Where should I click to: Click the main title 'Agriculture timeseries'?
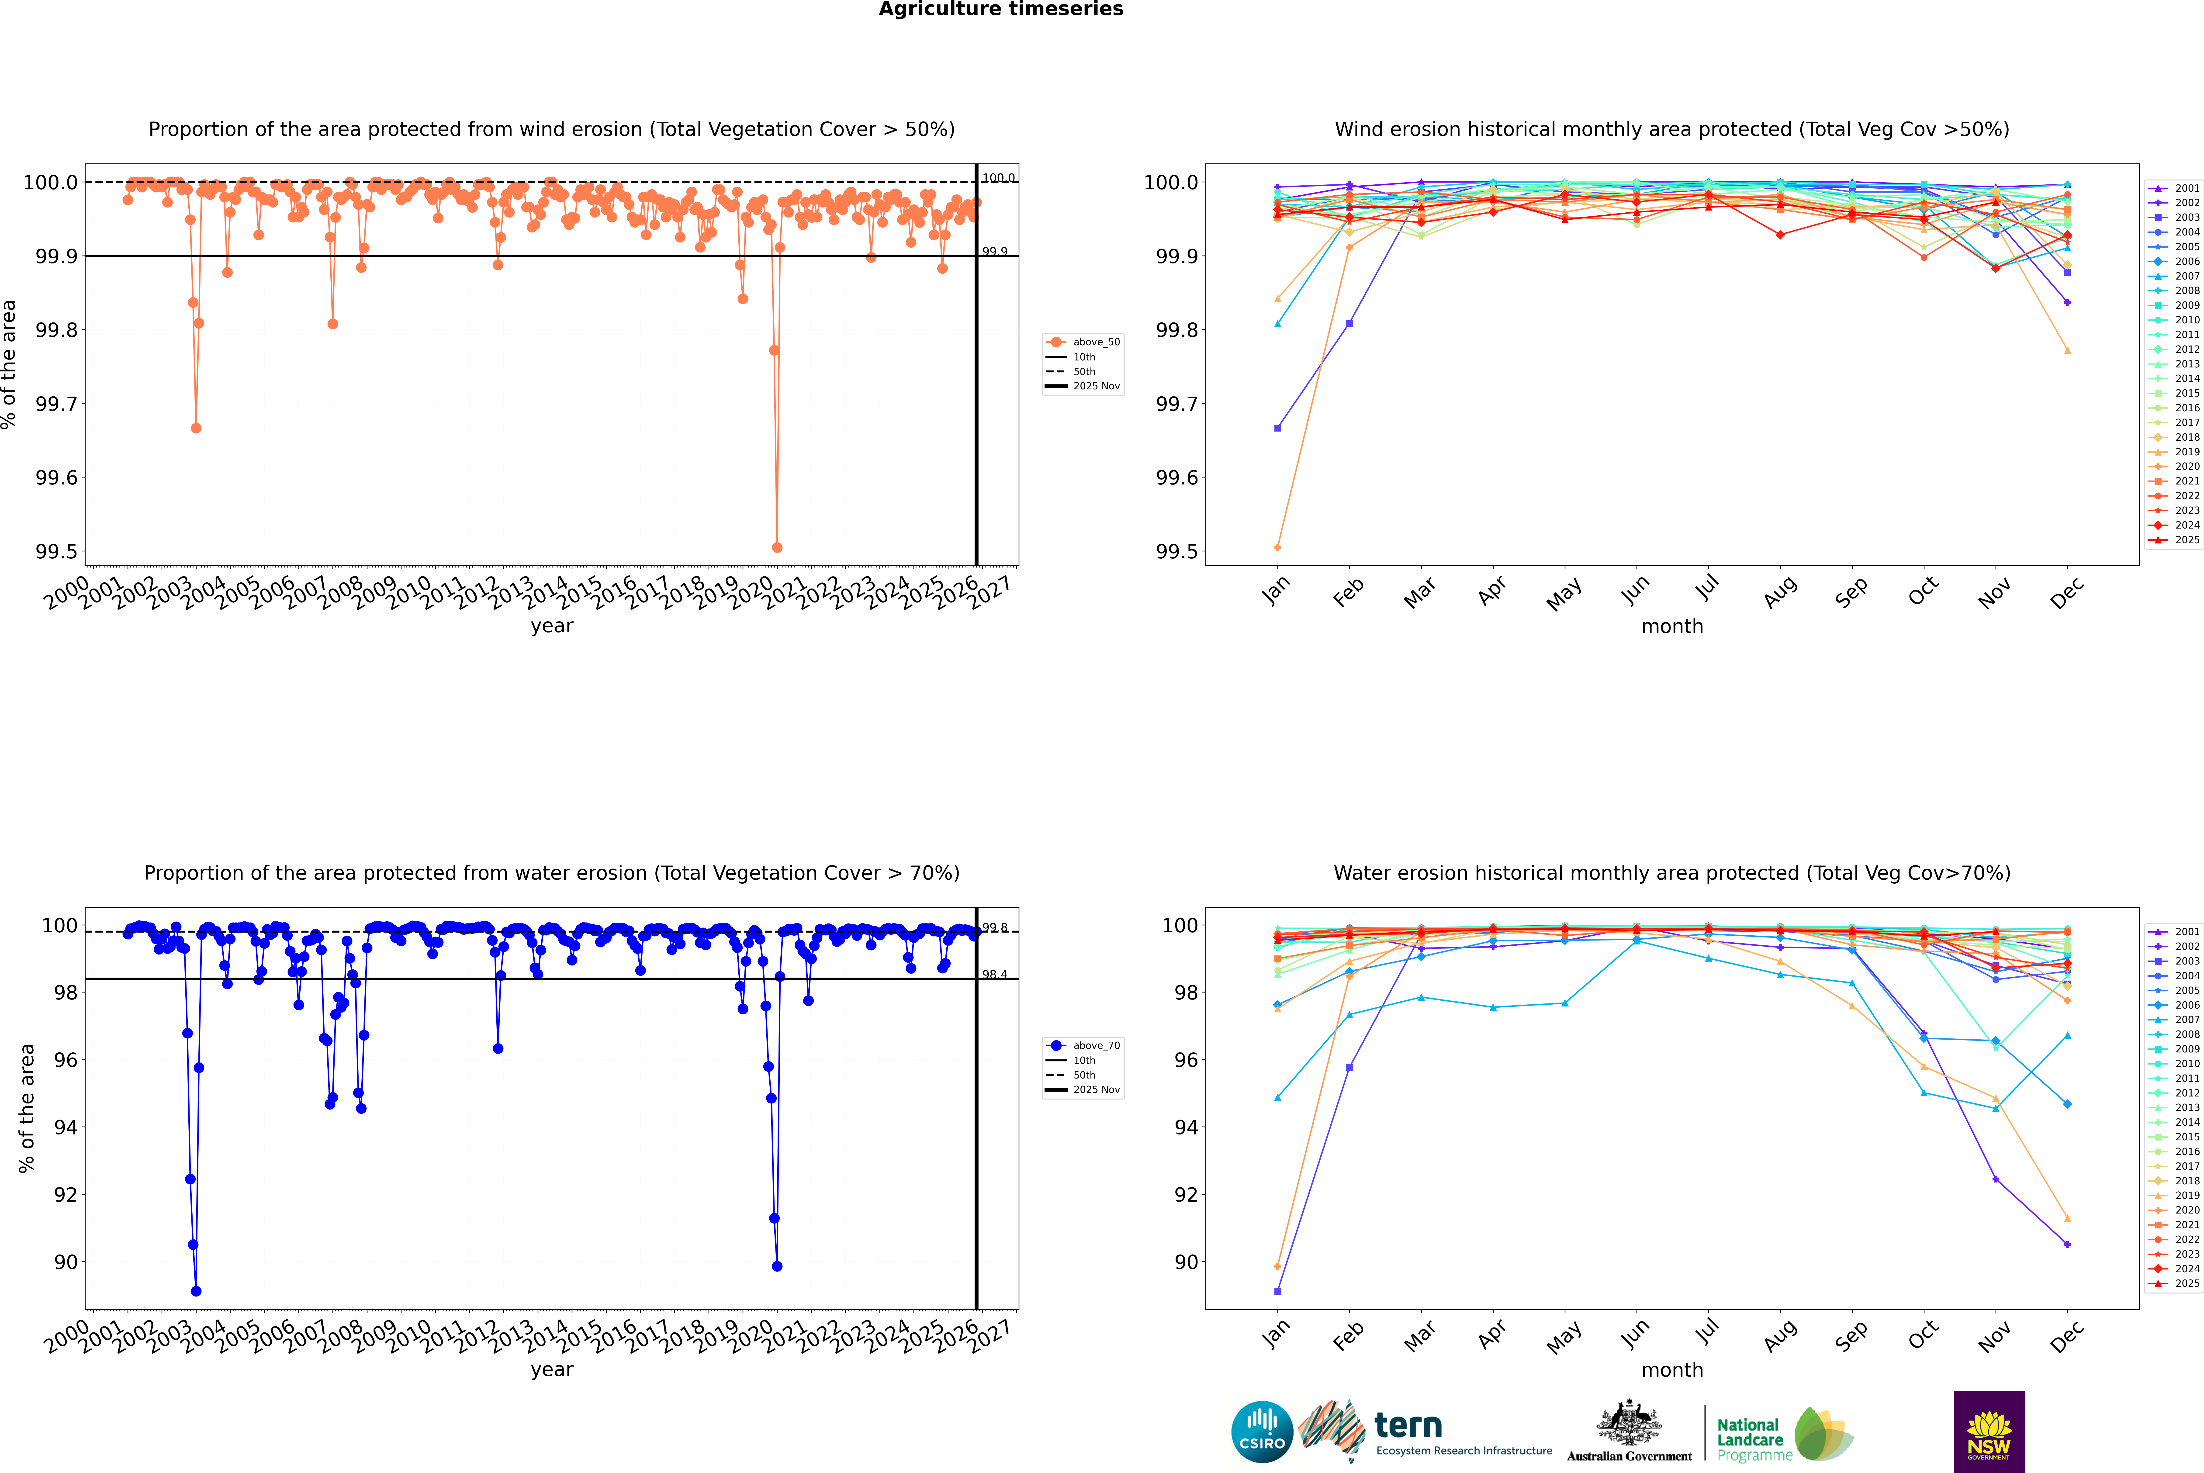(x=1000, y=9)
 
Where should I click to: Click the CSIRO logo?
(x=1262, y=1432)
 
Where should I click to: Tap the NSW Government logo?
(x=1989, y=1432)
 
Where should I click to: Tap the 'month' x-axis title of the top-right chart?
(x=1671, y=627)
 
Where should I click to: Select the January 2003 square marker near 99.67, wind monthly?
(x=1278, y=428)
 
